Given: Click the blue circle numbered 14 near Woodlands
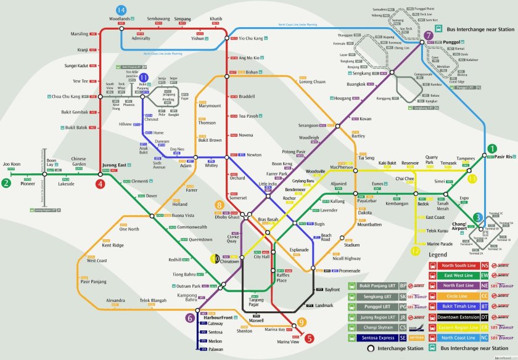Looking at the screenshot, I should click(121, 10).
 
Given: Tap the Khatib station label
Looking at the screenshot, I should click(216, 19).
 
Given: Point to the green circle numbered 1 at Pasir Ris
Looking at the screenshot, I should click(491, 148).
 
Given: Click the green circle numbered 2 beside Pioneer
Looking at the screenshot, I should click(6, 182).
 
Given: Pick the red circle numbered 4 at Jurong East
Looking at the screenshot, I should click(100, 183).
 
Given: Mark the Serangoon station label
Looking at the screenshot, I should click(308, 125).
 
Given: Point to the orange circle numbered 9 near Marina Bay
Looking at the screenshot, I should click(302, 322).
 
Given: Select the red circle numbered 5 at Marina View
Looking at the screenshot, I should click(310, 338).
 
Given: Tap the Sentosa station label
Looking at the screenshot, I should click(215, 332).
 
